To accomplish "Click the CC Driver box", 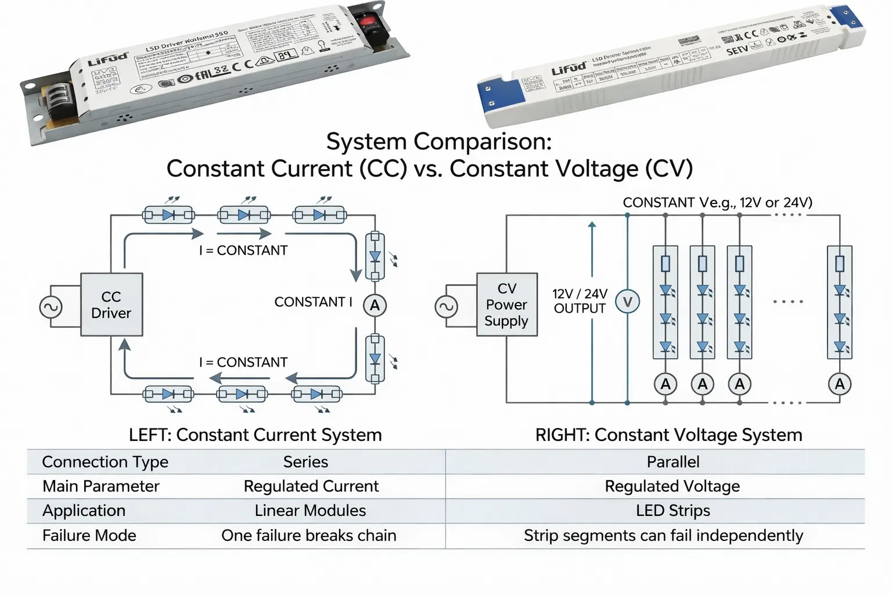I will tap(111, 304).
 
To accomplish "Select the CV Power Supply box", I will tap(506, 304).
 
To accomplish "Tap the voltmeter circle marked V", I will tap(627, 302).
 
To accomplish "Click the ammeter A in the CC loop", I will tap(375, 305).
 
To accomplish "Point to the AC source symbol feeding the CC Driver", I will tap(51, 307).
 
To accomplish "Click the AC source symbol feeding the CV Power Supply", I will tap(446, 307).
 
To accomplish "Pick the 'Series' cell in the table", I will tap(305, 462).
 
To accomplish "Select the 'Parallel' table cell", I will tap(672, 462).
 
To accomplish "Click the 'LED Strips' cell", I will tap(672, 511).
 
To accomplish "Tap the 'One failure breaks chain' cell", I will tap(308, 535).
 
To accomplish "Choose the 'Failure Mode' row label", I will tap(89, 535).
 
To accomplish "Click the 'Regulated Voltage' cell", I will tap(672, 486).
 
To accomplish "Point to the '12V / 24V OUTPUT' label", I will tap(580, 301).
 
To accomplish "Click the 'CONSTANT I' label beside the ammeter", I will tap(313, 302).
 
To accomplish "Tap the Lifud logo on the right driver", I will tap(569, 69).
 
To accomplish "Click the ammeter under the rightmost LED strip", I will tap(839, 384).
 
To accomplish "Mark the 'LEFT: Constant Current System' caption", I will tap(255, 435).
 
